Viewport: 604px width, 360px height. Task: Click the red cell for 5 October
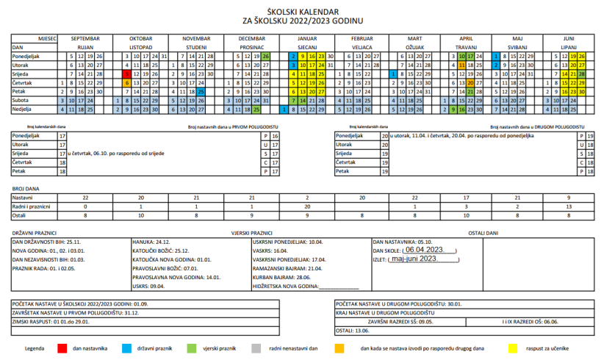[127, 74]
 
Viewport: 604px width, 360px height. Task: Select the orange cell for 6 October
[127, 83]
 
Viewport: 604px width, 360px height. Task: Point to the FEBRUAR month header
[362, 37]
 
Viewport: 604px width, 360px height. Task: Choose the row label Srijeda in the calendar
[22, 74]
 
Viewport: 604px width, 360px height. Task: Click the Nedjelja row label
[24, 109]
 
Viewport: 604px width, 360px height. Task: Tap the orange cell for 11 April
[460, 65]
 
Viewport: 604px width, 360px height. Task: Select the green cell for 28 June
[583, 74]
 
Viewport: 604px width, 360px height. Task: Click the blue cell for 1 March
[395, 74]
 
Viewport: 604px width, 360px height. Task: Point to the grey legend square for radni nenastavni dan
[256, 348]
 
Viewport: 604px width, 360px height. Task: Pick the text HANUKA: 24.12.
[152, 241]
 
